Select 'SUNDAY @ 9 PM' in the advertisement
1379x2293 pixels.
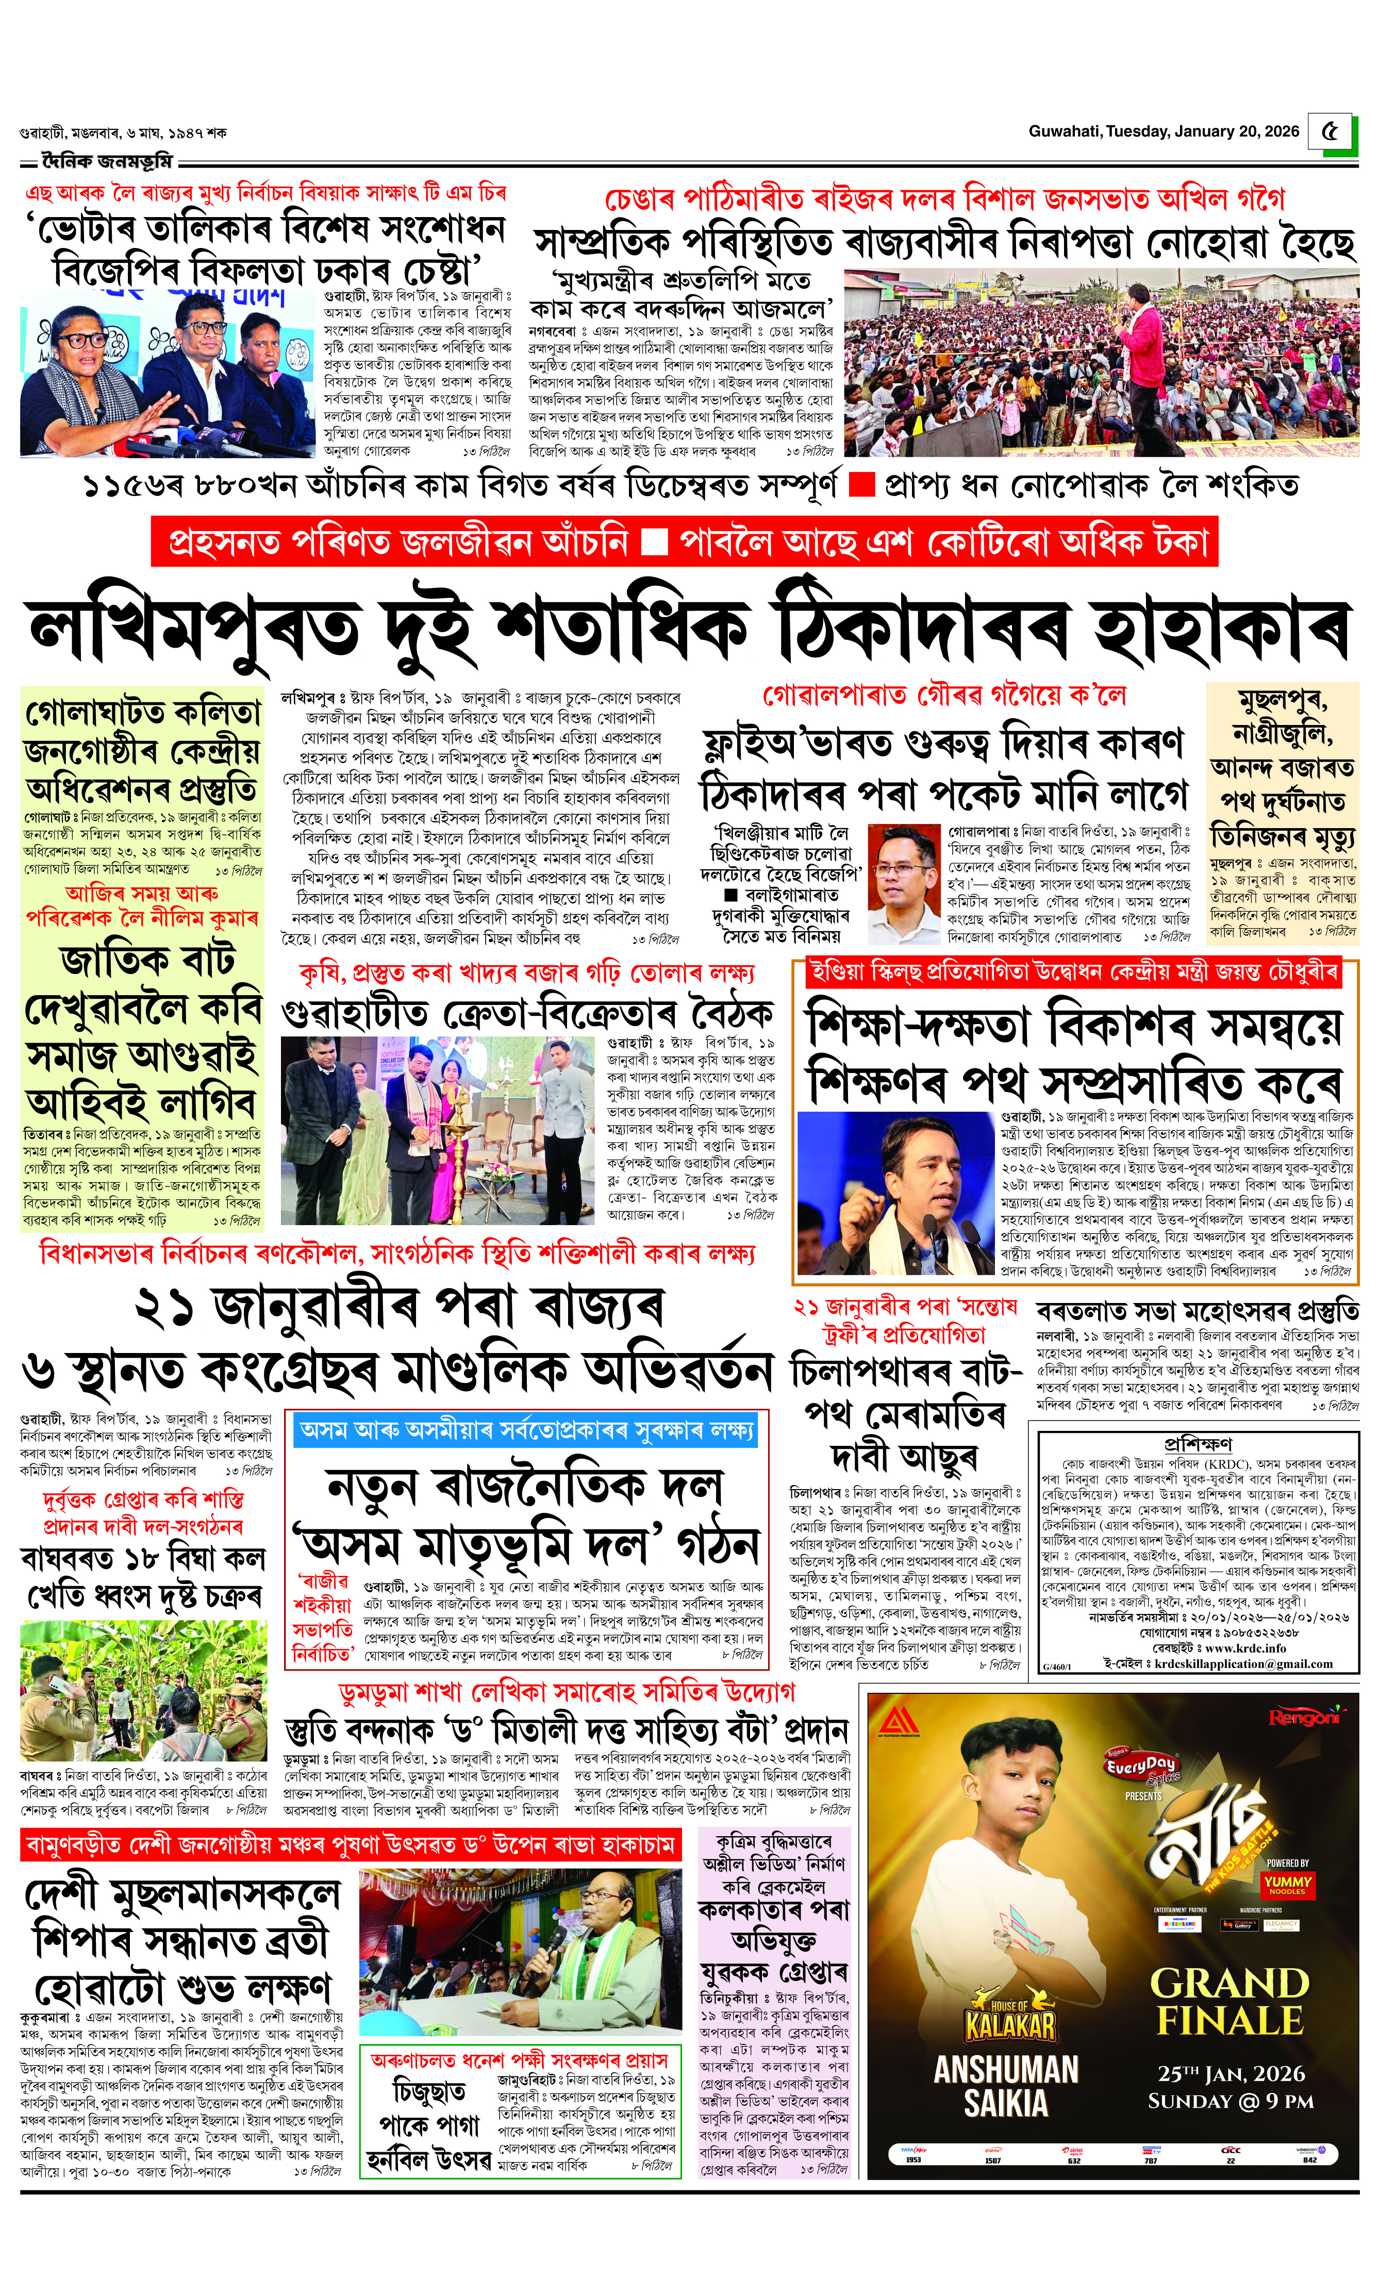coord(1231,2102)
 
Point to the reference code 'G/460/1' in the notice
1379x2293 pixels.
coord(1057,1667)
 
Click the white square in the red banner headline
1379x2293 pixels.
coord(654,541)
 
